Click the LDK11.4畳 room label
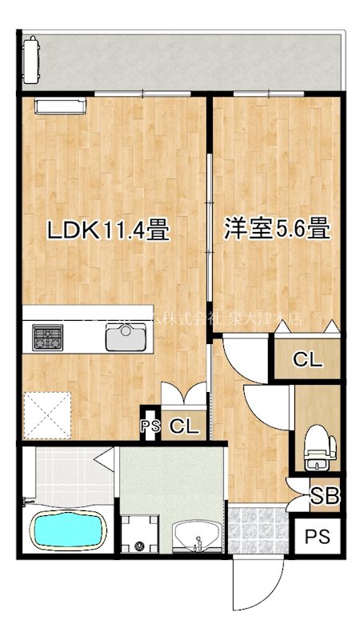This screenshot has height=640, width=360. tap(107, 231)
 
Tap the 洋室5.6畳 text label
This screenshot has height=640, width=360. tap(277, 230)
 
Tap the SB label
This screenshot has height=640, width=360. tap(324, 496)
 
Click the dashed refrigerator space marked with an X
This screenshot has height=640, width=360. tap(44, 413)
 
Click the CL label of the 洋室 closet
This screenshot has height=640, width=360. tap(307, 360)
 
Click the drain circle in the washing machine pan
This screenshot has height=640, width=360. tap(141, 548)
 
